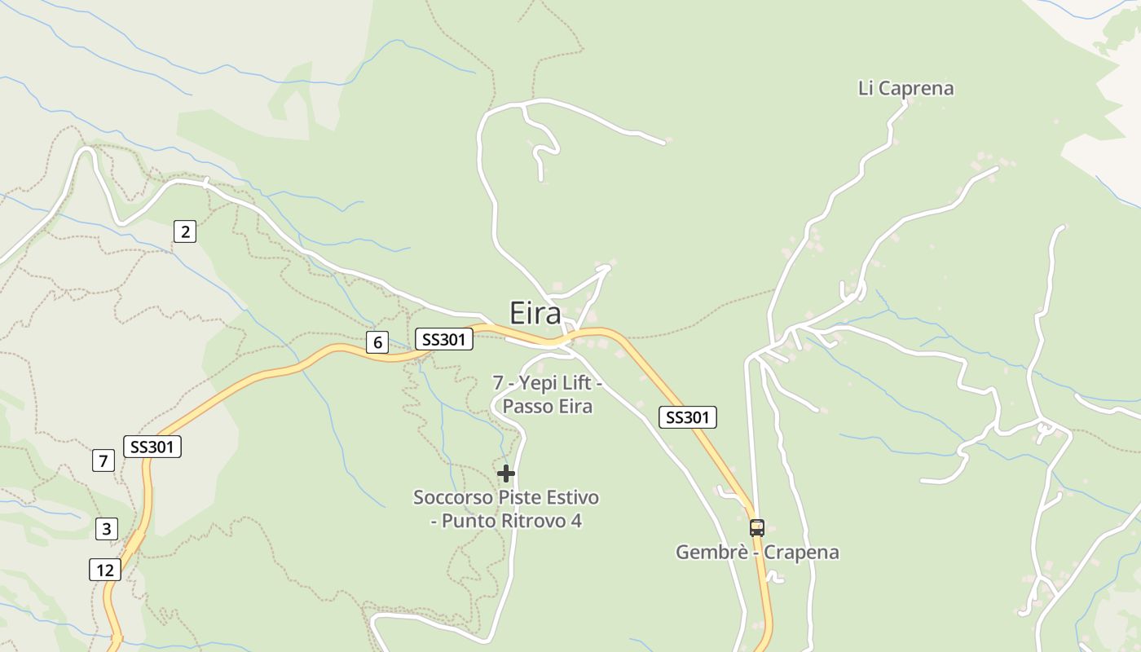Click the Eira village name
point(535,314)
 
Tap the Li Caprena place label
point(905,88)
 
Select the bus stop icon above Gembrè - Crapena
point(757,527)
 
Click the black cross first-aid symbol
point(506,474)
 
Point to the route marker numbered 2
point(185,232)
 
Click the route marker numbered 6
point(376,342)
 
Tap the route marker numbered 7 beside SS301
point(103,460)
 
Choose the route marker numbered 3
point(106,528)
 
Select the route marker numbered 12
point(105,570)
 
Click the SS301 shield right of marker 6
point(444,339)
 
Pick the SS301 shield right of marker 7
point(152,447)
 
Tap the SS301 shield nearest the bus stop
point(687,417)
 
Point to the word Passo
point(525,406)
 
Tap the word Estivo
point(573,497)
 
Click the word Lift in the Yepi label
point(574,382)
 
